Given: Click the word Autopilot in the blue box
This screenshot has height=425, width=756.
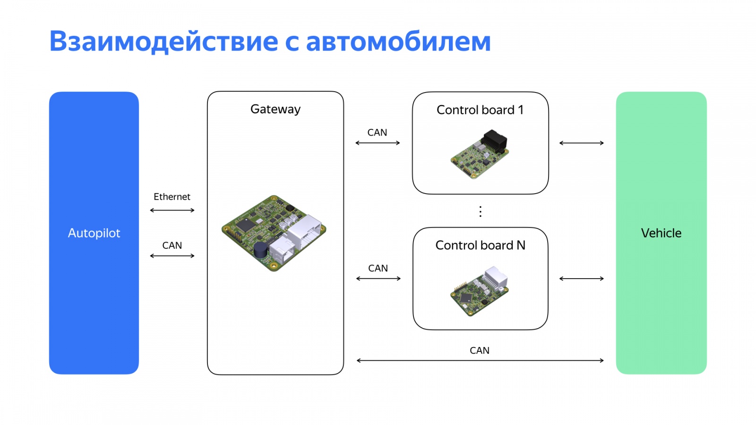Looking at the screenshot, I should point(94,233).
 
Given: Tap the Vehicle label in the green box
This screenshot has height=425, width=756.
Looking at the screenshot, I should point(661,233).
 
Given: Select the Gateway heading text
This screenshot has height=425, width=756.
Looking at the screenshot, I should point(275,109).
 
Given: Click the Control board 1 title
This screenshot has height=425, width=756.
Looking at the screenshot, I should point(480,110).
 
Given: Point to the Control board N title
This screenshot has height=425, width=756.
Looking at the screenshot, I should point(480,246).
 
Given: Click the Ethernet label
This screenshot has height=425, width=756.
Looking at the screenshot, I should point(172,197).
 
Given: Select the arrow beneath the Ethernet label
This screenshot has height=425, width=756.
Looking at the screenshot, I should point(172,210).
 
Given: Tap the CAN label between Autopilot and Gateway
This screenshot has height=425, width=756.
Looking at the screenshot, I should point(172,246).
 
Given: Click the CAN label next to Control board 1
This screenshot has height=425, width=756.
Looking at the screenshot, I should point(377,133).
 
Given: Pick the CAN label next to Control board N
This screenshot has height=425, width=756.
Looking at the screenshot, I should point(378,268).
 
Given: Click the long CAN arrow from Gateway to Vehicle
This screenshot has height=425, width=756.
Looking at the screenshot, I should point(480,360).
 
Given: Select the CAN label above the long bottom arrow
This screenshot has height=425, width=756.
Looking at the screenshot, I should point(480,350).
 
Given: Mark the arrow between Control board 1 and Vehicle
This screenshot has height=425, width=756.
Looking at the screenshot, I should point(582,143).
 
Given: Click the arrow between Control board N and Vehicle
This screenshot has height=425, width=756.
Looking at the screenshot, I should point(582,279).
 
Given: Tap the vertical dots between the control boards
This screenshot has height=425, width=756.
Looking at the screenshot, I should point(481,211).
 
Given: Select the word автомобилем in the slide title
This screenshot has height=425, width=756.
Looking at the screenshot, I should point(398,42).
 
